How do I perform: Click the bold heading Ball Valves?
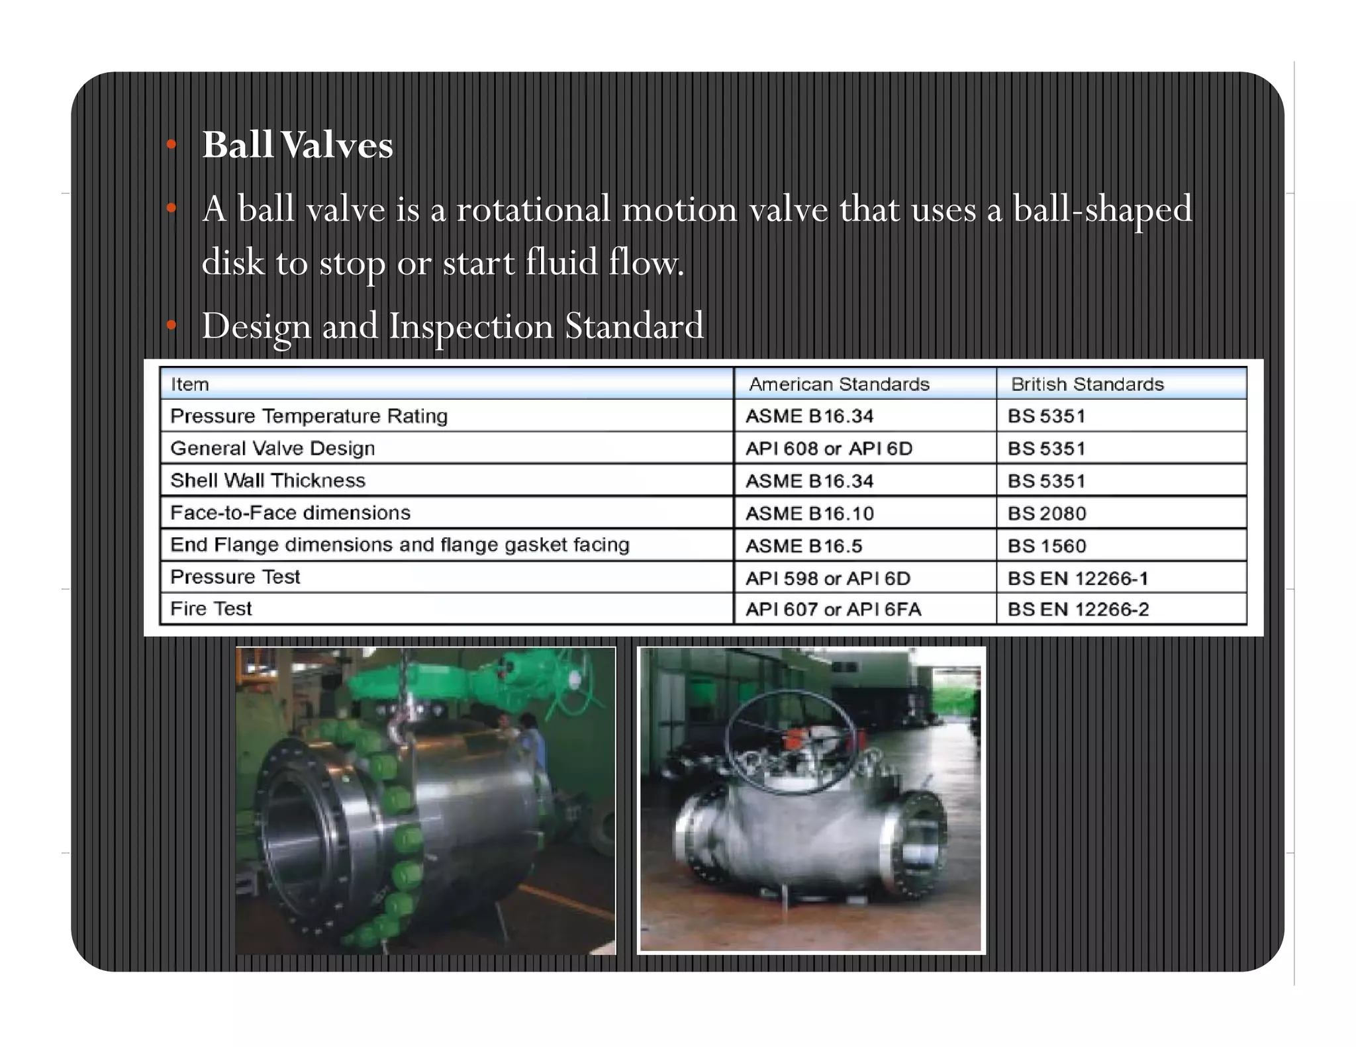[x=297, y=144]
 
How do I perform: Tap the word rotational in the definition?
[x=533, y=209]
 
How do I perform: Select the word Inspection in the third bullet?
[x=471, y=326]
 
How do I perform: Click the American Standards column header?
[x=839, y=384]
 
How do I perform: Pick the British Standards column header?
[x=1087, y=384]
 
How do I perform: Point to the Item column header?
[x=190, y=384]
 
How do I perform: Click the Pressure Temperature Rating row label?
[x=309, y=416]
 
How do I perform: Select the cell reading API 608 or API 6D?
[x=829, y=448]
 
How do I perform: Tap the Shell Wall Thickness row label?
[x=267, y=480]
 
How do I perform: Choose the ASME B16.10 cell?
[x=809, y=513]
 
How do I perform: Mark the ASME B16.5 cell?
[x=804, y=545]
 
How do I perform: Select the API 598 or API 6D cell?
[x=828, y=578]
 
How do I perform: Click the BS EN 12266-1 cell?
[x=1077, y=578]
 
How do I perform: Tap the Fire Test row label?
[x=211, y=608]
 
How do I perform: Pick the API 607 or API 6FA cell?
[x=833, y=609]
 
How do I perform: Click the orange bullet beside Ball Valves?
[x=171, y=144]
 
